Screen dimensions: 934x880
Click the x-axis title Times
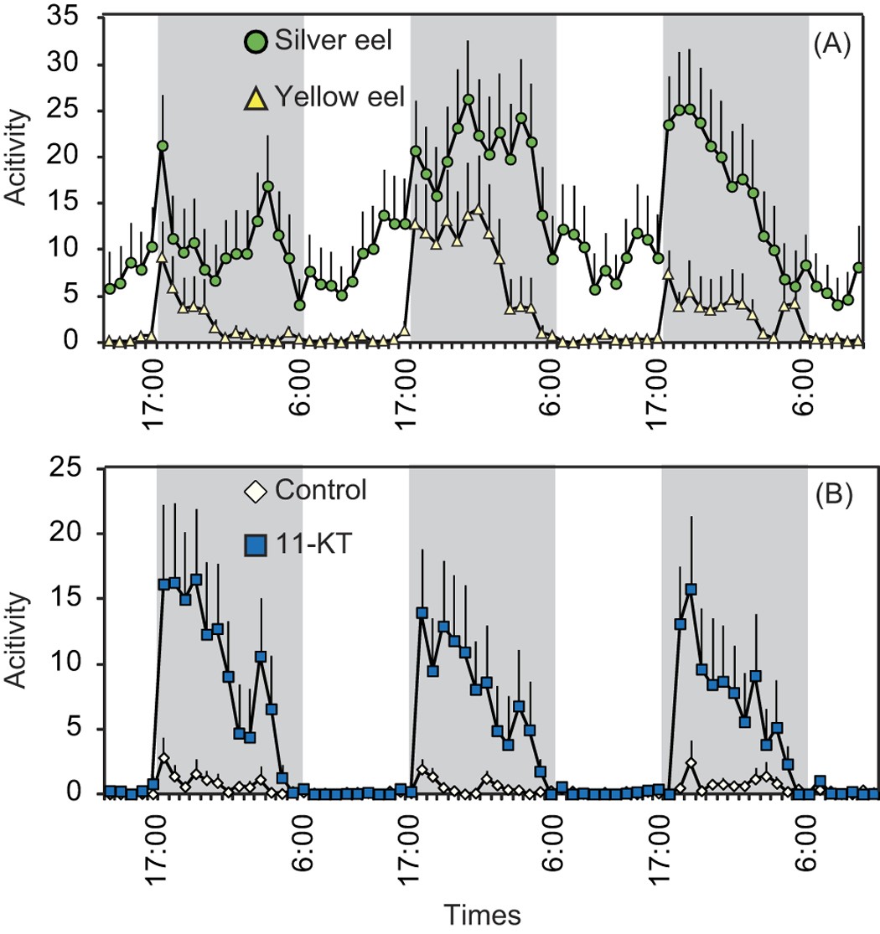click(483, 913)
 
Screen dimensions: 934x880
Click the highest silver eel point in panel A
click(468, 100)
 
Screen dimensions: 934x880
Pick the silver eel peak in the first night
click(162, 146)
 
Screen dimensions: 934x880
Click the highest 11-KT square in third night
click(691, 590)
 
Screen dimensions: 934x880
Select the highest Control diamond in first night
click(164, 758)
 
